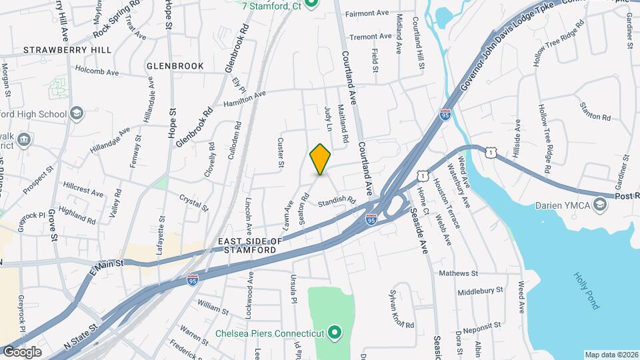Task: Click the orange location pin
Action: [x=321, y=159]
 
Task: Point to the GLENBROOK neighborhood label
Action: [x=175, y=66]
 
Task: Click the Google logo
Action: [x=22, y=352]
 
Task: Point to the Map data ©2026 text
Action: [x=611, y=355]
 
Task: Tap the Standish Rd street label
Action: [x=337, y=199]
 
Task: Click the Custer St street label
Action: [x=281, y=153]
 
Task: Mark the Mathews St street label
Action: [x=459, y=273]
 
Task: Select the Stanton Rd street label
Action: [x=595, y=113]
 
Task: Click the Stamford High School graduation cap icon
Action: [x=77, y=114]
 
